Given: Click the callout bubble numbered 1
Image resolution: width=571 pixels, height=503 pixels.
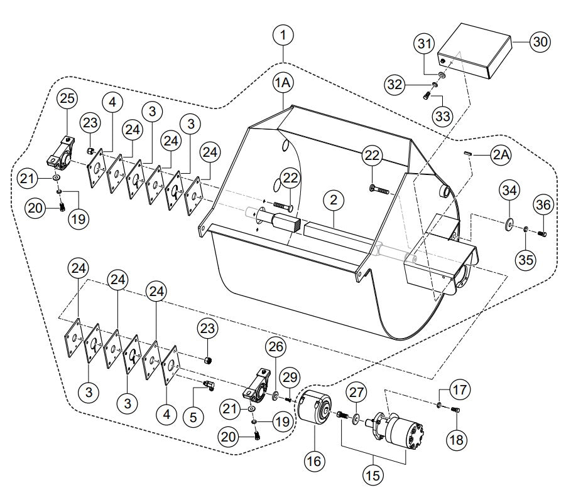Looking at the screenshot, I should pyautogui.click(x=285, y=36).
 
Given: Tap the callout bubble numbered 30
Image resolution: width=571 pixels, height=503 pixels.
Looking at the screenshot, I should pyautogui.click(x=540, y=42).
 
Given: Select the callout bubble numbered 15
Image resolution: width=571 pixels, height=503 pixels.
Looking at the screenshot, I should pyautogui.click(x=374, y=475).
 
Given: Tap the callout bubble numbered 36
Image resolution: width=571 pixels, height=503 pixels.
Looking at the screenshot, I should pyautogui.click(x=543, y=204).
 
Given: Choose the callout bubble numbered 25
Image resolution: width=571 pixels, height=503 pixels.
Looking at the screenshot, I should pyautogui.click(x=67, y=99).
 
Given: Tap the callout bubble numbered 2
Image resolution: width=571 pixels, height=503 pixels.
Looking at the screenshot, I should pyautogui.click(x=334, y=201).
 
